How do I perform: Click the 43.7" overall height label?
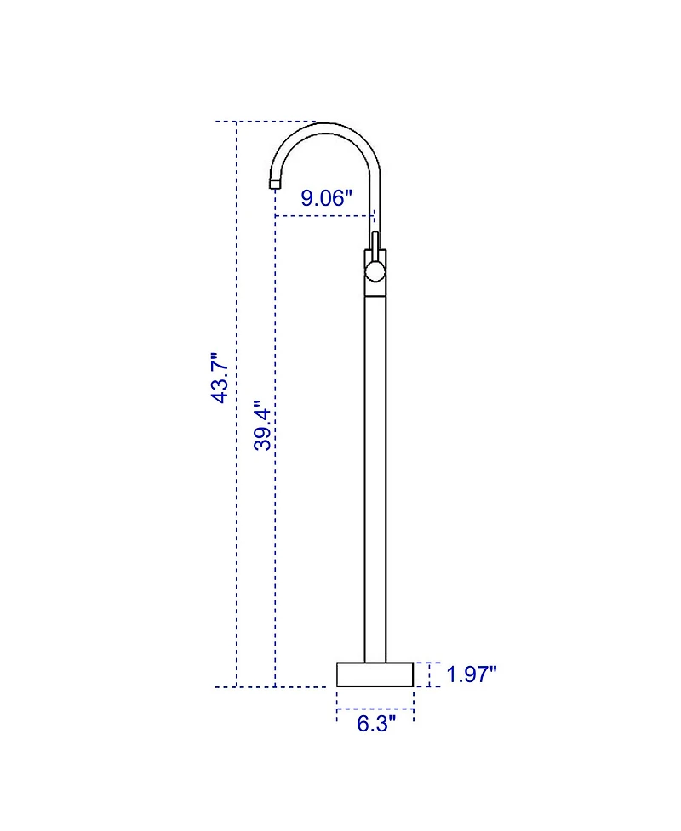220,378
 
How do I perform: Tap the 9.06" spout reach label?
326,199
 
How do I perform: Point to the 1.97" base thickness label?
471,675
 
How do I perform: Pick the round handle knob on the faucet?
375,272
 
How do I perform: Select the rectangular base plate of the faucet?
375,674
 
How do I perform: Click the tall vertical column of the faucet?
375,476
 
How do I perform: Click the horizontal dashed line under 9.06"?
323,216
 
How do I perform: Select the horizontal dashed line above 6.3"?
375,708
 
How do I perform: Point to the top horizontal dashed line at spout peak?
272,122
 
